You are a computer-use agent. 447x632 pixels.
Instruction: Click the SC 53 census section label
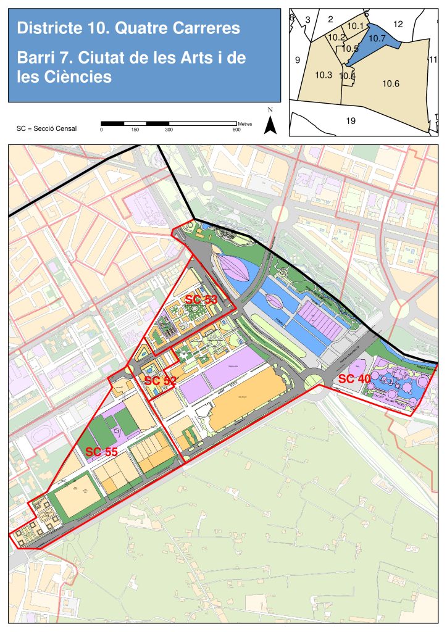click(201, 299)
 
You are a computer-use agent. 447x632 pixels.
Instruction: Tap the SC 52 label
click(161, 381)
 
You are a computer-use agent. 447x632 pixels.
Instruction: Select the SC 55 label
click(101, 452)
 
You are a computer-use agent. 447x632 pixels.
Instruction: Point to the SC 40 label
click(355, 378)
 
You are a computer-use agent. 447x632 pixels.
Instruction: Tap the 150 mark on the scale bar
click(135, 130)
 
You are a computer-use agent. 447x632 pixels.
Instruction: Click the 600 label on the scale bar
click(236, 130)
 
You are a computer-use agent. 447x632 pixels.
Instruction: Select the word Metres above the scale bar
click(244, 124)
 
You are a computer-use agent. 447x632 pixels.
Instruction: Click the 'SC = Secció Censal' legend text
click(47, 128)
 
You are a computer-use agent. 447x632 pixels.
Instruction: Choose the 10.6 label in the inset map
click(391, 83)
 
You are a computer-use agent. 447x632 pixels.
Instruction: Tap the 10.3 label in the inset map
click(324, 75)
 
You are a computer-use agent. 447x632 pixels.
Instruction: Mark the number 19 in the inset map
click(351, 121)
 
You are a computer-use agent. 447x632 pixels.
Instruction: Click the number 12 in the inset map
click(398, 24)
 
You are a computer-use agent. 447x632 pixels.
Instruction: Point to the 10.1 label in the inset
click(356, 26)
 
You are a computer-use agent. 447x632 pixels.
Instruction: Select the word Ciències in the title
click(77, 78)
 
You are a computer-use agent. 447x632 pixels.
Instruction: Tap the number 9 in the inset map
click(297, 60)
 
